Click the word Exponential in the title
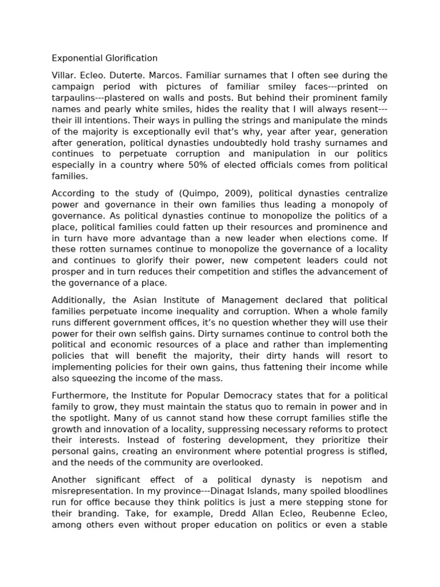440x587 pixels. [76, 58]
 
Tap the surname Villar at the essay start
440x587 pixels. [63, 75]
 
